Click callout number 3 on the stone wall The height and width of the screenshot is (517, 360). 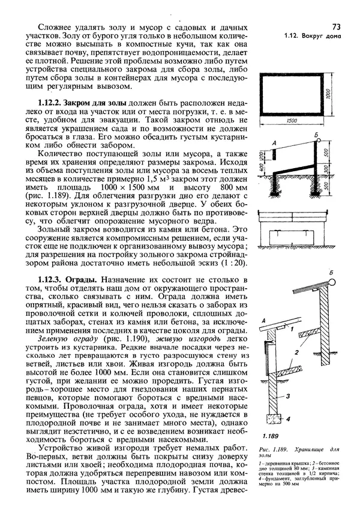pyautogui.click(x=288, y=396)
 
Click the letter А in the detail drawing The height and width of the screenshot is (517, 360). pyautogui.click(x=263, y=323)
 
